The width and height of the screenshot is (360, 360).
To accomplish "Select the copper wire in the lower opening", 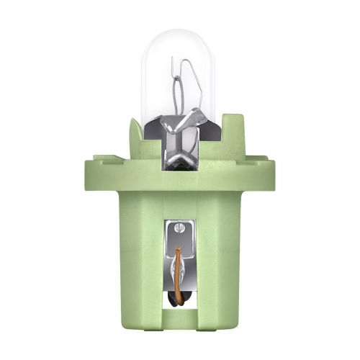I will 179,270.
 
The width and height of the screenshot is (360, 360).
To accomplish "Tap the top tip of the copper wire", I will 179,249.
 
